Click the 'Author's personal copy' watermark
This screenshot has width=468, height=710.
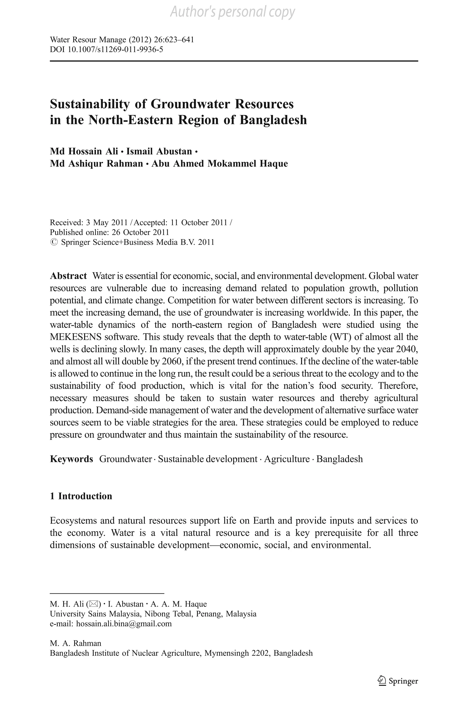click(232, 12)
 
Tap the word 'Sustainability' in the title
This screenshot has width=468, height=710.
click(90, 104)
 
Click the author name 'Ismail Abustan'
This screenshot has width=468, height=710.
click(159, 151)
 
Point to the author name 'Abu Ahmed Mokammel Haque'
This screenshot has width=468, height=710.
click(220, 164)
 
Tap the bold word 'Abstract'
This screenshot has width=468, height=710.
click(68, 276)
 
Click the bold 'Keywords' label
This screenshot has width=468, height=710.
click(72, 459)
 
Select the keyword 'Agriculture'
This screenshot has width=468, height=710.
click(287, 459)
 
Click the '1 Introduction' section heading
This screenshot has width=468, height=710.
click(81, 496)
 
